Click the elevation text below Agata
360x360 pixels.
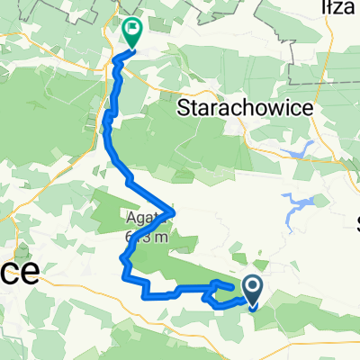tap(144, 238)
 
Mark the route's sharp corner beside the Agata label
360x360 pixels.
tap(173, 212)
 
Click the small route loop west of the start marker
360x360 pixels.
tap(220, 292)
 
